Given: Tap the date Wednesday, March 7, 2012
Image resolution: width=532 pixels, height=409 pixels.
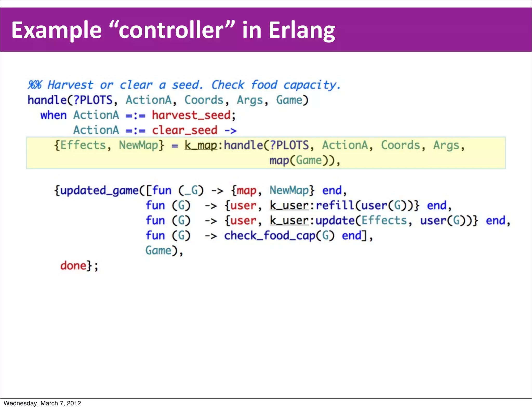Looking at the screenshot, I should [x=42, y=403].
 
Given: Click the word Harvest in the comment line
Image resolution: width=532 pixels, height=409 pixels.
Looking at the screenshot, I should [x=70, y=85].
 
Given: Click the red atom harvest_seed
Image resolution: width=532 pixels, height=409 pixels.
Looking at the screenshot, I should [x=191, y=115].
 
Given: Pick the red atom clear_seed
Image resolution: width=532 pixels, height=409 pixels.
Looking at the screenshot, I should [x=184, y=130].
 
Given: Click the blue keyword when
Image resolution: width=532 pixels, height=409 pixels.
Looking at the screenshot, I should [x=53, y=115].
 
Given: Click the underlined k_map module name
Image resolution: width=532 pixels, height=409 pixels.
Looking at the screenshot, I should [x=201, y=145].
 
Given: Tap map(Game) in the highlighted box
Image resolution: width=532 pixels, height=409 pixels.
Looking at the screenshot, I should [x=301, y=160].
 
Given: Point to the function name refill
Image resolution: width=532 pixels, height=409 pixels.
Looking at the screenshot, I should [x=335, y=206].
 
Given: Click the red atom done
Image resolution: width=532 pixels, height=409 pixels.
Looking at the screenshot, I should [x=73, y=266].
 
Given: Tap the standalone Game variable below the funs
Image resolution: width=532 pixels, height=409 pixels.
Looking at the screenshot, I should [x=158, y=251].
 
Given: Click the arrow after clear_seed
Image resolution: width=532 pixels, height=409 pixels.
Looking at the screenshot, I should [x=230, y=130].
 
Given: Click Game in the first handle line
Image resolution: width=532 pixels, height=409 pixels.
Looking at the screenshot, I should [x=289, y=100].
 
